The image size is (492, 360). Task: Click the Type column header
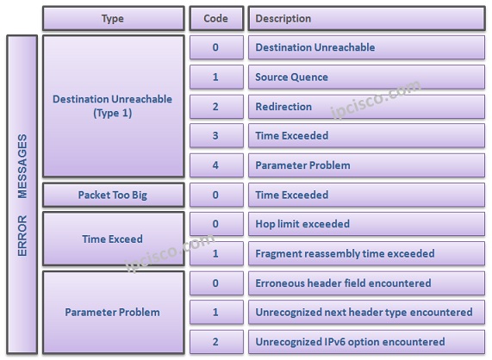tap(113, 18)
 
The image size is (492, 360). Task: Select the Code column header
tap(215, 18)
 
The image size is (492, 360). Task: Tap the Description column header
tap(367, 18)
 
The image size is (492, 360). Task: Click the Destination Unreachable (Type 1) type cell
tap(113, 106)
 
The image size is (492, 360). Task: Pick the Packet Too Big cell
tap(113, 195)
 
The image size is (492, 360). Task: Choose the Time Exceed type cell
tap(113, 239)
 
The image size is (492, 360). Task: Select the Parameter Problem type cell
tap(113, 312)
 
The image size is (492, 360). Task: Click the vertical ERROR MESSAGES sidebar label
tap(22, 194)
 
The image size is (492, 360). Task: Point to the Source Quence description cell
tap(367, 77)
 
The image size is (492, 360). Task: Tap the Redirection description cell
tap(367, 106)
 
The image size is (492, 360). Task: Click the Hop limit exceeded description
tap(367, 224)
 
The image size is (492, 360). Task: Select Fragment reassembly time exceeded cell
tap(367, 253)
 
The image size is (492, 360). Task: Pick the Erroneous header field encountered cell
tap(367, 283)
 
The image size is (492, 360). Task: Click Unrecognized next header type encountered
tap(367, 312)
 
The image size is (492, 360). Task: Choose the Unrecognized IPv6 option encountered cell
tap(367, 341)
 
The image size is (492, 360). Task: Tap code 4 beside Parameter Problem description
tap(215, 164)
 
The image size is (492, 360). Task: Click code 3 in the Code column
tap(215, 135)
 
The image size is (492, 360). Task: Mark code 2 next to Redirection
tap(215, 106)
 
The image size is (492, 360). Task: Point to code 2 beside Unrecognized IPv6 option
tap(215, 341)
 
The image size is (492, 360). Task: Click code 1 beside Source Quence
tap(215, 77)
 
